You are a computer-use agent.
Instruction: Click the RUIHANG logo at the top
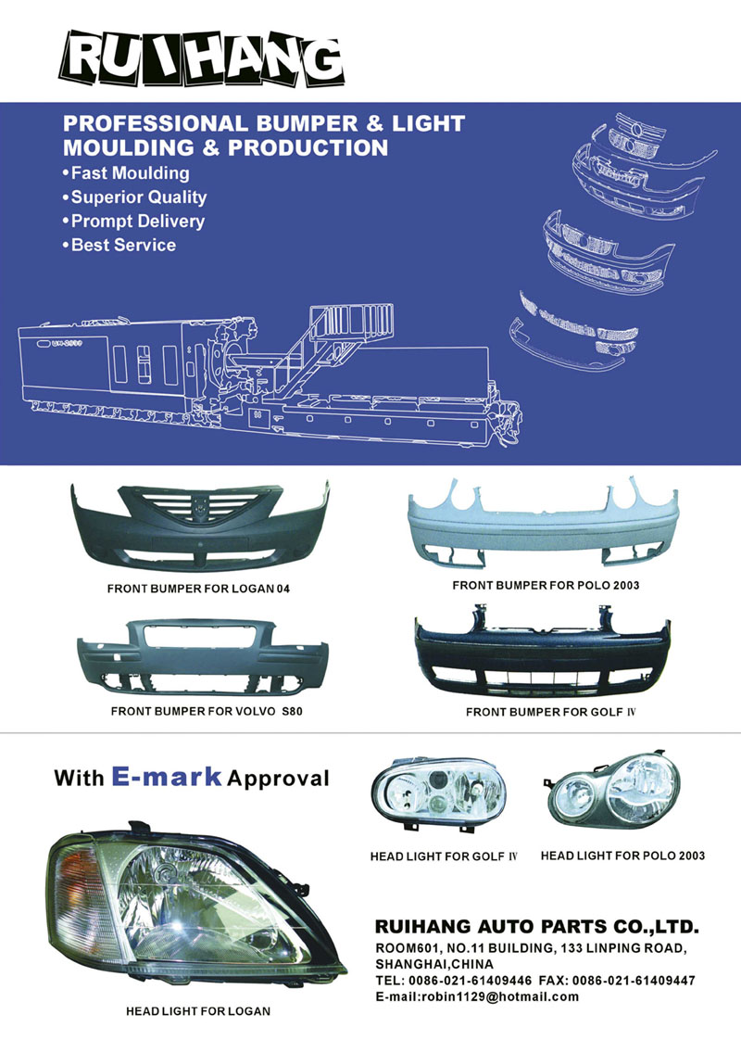(x=202, y=58)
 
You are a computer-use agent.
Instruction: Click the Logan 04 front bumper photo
(x=199, y=526)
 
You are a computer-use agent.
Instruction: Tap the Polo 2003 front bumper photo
(x=543, y=522)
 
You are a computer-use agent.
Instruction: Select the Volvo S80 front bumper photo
(x=202, y=656)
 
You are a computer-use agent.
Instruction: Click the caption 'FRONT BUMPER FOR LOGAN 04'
(x=199, y=589)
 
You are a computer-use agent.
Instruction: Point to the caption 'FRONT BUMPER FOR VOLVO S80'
(x=207, y=711)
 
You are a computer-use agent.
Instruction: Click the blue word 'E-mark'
(x=167, y=775)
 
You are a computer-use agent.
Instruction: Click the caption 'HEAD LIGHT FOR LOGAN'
(x=198, y=1011)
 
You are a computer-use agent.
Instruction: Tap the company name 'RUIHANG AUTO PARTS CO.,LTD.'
(x=537, y=927)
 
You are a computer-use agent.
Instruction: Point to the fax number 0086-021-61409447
(x=634, y=981)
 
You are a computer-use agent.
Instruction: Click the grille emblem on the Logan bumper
(x=199, y=509)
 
